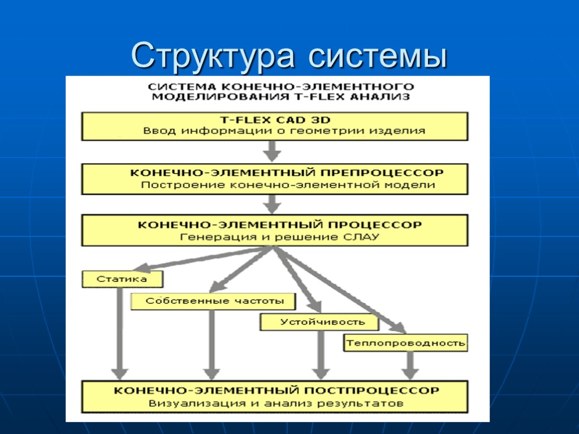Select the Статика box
(x=122, y=279)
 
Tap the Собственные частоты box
(x=214, y=301)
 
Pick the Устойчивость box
(x=322, y=322)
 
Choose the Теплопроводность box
(x=405, y=342)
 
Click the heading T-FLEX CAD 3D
(x=275, y=120)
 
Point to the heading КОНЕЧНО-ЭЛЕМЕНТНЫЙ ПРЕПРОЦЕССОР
(x=287, y=172)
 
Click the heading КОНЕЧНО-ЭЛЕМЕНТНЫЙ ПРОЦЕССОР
(x=280, y=224)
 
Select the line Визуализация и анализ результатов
(x=276, y=403)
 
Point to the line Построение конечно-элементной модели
(x=288, y=185)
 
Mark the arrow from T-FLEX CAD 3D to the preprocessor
(x=273, y=151)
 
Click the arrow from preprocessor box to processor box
(x=273, y=203)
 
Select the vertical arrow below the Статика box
(x=119, y=333)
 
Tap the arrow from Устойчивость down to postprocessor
(x=321, y=355)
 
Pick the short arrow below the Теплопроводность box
(x=410, y=366)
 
